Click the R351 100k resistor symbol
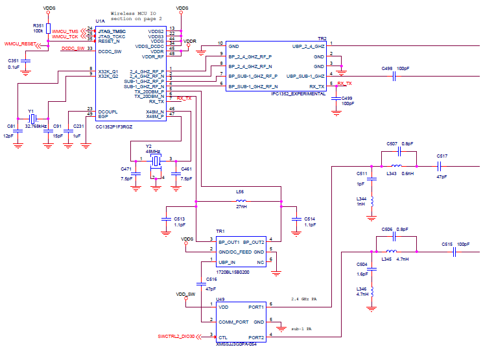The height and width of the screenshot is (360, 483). coord(49,27)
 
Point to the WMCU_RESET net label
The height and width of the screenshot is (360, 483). coord(20,44)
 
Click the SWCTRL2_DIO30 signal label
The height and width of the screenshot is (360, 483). coord(175,337)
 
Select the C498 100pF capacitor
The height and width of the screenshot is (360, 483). coord(394,76)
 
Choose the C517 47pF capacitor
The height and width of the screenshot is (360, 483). coord(442,166)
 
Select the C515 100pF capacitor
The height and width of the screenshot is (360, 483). coord(454,253)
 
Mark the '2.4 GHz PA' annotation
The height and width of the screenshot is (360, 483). coord(304,299)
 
